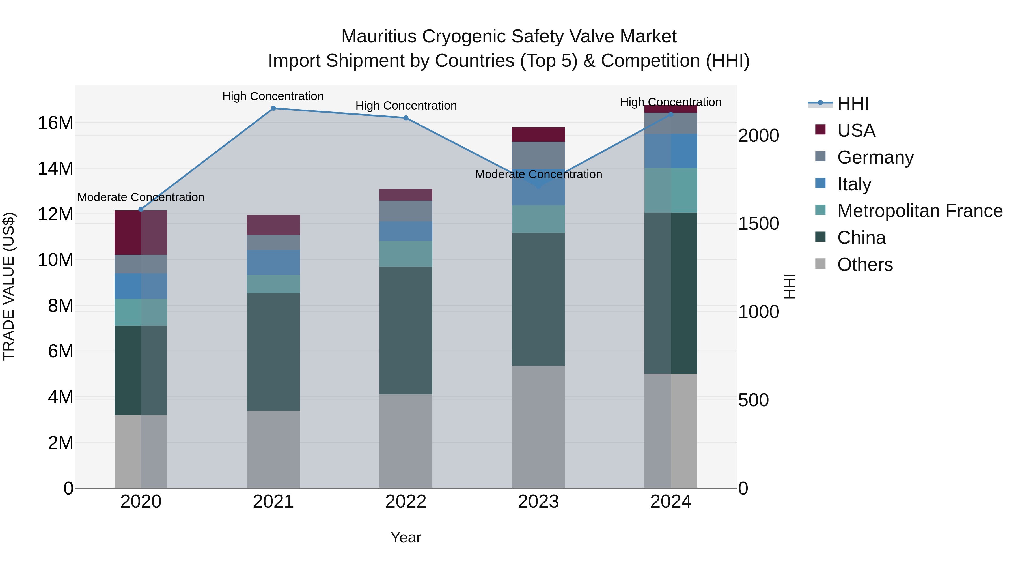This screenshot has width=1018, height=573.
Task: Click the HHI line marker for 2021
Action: click(273, 108)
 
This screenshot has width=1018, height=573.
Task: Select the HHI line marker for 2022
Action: click(406, 118)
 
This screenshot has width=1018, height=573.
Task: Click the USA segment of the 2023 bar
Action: click(538, 134)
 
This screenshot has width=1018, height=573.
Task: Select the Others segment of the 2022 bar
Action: click(406, 441)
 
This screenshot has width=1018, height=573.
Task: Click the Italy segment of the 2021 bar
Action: click(273, 262)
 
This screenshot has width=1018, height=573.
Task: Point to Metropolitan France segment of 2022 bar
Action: click(406, 254)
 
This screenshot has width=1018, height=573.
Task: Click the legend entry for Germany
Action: click(875, 157)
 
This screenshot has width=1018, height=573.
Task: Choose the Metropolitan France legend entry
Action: click(919, 211)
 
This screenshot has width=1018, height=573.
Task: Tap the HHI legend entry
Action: click(852, 104)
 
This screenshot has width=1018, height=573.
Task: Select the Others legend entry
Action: click(865, 265)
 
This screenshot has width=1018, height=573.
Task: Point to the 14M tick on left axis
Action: click(55, 168)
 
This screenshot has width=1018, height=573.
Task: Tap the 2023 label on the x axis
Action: click(538, 502)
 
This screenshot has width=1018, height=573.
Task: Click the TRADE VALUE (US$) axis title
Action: click(9, 286)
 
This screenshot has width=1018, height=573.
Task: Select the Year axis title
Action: click(406, 537)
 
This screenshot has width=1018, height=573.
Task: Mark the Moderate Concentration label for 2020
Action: click(141, 197)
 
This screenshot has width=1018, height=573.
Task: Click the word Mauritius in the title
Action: click(379, 37)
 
